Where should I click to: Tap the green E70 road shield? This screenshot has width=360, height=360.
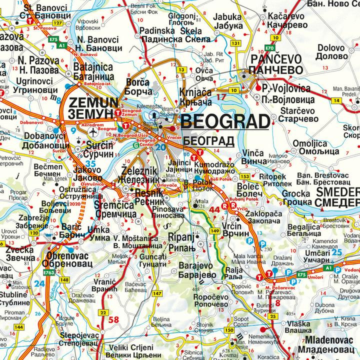(270, 47)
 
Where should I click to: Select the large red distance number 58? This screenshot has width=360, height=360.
(113, 320)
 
